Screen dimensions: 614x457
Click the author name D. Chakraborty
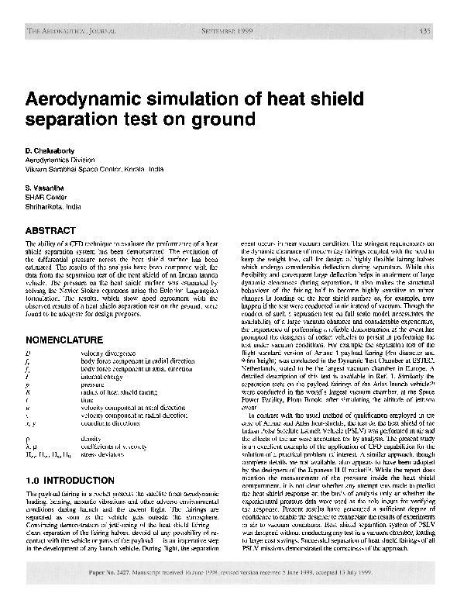pyautogui.click(x=52, y=148)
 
